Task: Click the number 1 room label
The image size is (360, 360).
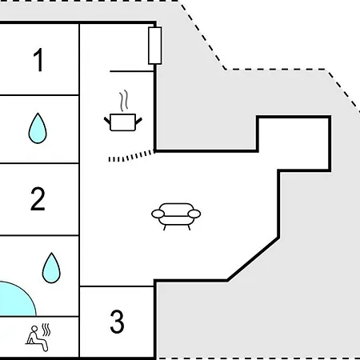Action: point(38,60)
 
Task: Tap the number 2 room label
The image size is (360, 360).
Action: point(38,198)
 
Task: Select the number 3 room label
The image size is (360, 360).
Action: point(117,322)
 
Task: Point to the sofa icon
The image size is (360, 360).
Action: point(176,217)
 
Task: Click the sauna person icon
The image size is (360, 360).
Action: point(38,338)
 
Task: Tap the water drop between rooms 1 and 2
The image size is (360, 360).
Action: point(38,128)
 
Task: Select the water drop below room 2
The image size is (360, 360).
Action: point(51,268)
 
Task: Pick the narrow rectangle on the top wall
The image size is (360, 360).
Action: point(155,46)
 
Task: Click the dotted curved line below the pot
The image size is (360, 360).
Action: point(131,157)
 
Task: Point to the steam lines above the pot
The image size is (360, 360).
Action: point(124,101)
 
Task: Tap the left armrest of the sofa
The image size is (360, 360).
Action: point(158,214)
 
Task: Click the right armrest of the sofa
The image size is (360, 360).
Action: point(194,214)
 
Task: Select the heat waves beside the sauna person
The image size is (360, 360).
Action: point(46,330)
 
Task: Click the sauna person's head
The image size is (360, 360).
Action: point(34,329)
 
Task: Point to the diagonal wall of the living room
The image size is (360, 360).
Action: point(253,258)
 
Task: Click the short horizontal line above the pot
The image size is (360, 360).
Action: point(132,71)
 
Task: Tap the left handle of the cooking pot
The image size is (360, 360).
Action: point(107,121)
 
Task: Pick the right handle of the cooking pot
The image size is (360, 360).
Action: point(139,122)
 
